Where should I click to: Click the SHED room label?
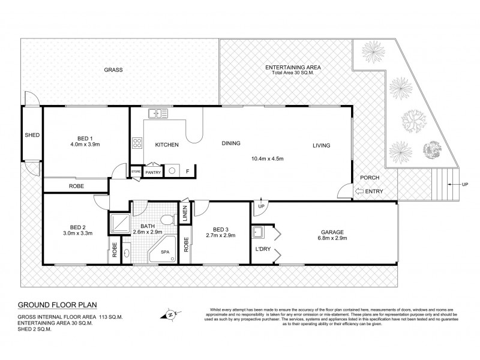point(32,135)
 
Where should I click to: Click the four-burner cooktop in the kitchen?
point(137,143)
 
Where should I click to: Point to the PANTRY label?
point(153,172)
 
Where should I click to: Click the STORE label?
point(136,171)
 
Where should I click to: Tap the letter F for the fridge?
point(188,172)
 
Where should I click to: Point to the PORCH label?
point(368,178)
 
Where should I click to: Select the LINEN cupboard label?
point(185,215)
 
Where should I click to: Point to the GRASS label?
point(113,70)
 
